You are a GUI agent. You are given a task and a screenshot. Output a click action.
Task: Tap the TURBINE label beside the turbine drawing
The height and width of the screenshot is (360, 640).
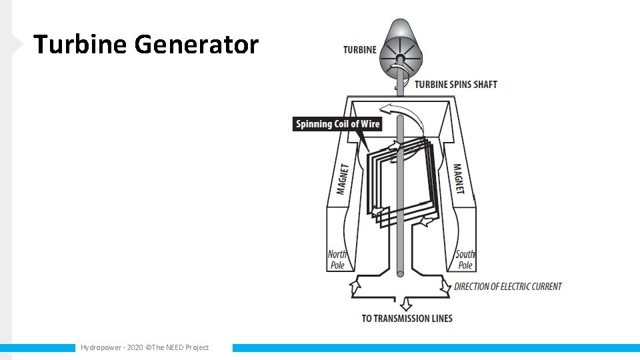click(360, 49)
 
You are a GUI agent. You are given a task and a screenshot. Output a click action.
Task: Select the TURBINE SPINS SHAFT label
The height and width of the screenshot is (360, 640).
click(456, 85)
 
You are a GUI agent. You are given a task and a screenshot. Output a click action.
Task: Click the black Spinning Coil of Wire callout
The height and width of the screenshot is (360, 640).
click(337, 124)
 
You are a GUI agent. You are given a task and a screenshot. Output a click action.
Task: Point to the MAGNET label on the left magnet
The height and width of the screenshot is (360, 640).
click(343, 179)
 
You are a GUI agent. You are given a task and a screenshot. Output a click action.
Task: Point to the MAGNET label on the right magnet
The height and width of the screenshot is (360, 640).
click(459, 179)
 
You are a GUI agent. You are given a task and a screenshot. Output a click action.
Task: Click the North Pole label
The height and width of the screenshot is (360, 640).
click(337, 259)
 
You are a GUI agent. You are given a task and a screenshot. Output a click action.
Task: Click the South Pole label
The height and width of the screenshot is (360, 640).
click(465, 259)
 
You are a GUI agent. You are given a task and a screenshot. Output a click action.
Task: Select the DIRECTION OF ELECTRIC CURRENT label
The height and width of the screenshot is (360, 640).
click(508, 287)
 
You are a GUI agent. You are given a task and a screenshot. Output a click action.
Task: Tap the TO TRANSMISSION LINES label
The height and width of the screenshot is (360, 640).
click(407, 318)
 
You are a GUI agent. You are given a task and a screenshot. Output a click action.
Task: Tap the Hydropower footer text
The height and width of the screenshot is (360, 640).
click(101, 347)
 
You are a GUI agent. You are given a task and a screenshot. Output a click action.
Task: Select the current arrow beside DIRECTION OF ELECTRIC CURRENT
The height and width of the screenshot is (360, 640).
click(445, 287)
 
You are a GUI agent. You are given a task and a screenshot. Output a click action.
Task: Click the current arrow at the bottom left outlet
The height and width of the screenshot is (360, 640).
click(355, 287)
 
